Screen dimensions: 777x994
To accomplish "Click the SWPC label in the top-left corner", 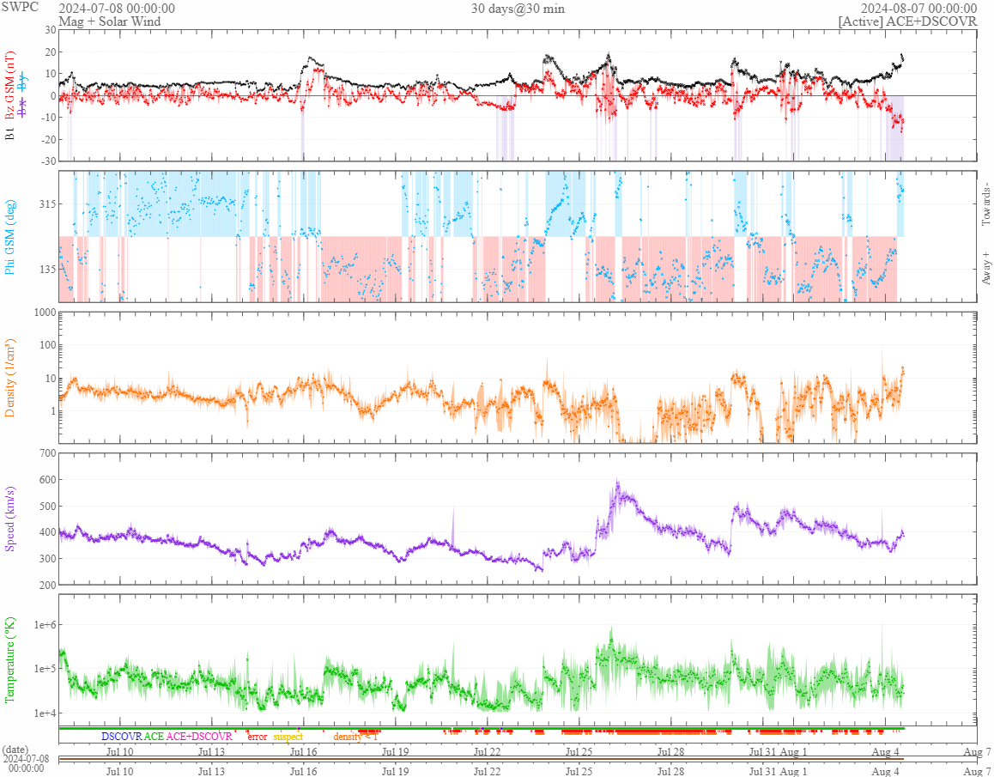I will [20, 7].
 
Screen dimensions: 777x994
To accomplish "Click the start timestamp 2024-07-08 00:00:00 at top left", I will [117, 8].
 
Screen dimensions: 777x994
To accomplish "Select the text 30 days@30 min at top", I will [518, 8].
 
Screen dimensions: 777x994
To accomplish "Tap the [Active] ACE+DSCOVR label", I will [907, 21].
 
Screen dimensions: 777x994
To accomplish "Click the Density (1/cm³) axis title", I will [11, 378].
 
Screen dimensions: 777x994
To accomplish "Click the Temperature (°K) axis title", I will [11, 659].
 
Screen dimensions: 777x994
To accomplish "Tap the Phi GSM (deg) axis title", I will [11, 236].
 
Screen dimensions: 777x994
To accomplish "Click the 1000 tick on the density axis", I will [43, 313].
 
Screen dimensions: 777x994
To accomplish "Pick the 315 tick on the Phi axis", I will [45, 203].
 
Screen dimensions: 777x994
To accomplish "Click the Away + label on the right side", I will [985, 268].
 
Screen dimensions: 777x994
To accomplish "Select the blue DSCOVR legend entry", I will [121, 737].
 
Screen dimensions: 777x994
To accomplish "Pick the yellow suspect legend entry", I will [288, 737].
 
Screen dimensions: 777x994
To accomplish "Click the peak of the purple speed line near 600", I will [617, 482].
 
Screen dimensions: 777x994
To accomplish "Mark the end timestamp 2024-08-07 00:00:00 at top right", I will [919, 8].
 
